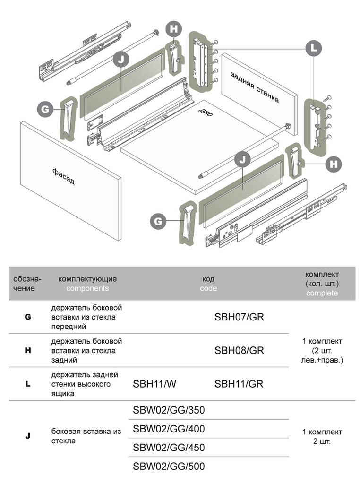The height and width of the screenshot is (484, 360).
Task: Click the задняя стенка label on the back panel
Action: pyautogui.click(x=255, y=87)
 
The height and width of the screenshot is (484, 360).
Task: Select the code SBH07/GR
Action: pyautogui.click(x=239, y=317)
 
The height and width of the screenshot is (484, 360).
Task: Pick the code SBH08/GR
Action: pyautogui.click(x=239, y=351)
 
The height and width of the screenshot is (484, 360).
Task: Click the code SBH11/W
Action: pyautogui.click(x=154, y=384)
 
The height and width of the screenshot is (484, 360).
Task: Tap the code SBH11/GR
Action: pyautogui.click(x=239, y=384)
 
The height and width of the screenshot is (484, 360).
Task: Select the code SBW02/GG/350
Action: pyautogui.click(x=169, y=410)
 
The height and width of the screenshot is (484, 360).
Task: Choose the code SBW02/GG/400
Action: pyautogui.click(x=169, y=429)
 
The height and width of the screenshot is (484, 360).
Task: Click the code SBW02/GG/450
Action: pyautogui.click(x=169, y=448)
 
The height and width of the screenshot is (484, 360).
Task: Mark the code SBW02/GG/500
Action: pyautogui.click(x=169, y=467)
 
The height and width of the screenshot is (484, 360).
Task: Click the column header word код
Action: pyautogui.click(x=208, y=279)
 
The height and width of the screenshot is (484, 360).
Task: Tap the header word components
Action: pyautogui.click(x=87, y=288)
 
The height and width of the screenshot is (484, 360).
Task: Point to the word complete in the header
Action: pyautogui.click(x=322, y=293)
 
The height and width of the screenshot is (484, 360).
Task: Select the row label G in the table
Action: pyautogui.click(x=28, y=317)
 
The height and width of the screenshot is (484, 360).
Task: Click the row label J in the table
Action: pyautogui.click(x=28, y=436)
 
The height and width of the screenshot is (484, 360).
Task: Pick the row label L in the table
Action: pyautogui.click(x=28, y=384)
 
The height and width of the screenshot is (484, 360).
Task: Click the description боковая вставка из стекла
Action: pyautogui.click(x=86, y=436)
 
